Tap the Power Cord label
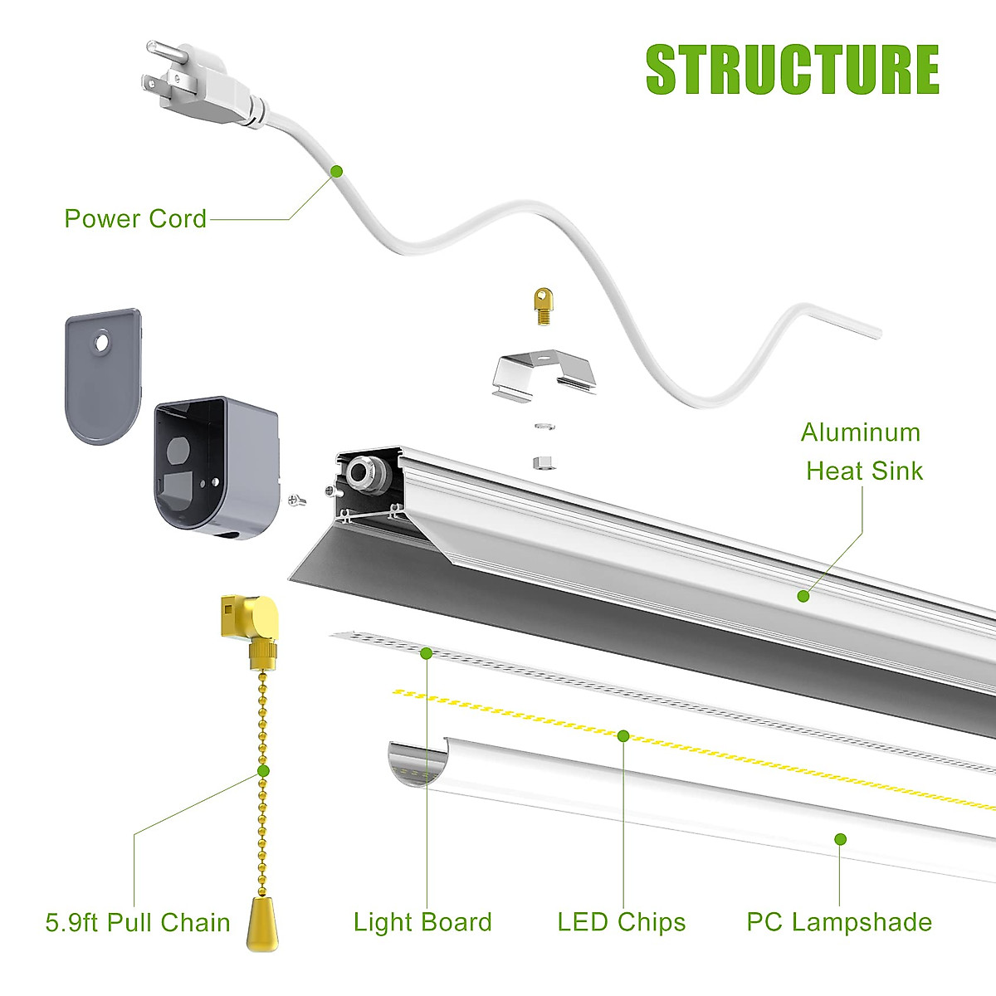(x=135, y=219)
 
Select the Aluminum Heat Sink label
(x=862, y=452)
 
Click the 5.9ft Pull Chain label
(x=138, y=923)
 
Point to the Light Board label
(x=422, y=922)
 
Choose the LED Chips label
(x=622, y=922)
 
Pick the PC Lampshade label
(x=839, y=922)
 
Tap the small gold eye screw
(x=544, y=306)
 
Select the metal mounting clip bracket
(x=544, y=376)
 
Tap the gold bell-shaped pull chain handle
(x=261, y=921)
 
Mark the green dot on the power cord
(x=336, y=171)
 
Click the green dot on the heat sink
(x=803, y=596)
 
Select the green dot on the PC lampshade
(x=840, y=839)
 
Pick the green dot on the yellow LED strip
(x=623, y=735)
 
